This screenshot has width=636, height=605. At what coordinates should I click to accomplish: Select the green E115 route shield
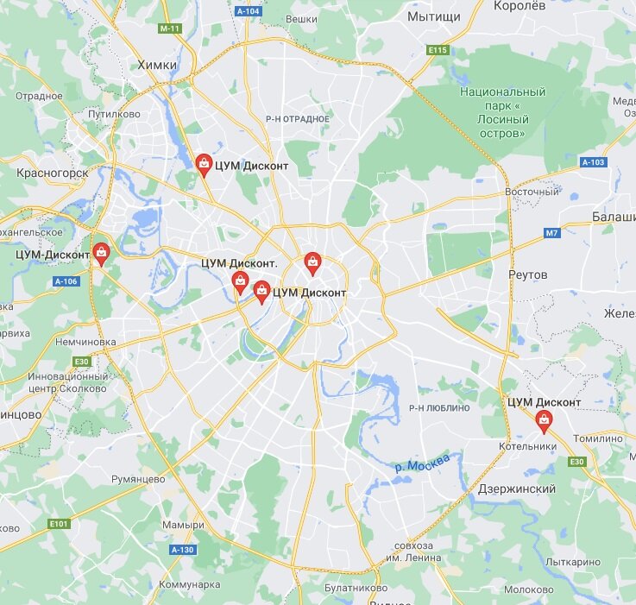coord(438,50)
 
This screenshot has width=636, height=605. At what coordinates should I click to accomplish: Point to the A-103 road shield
coord(593,162)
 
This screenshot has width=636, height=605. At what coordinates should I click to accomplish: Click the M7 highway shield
coord(552,233)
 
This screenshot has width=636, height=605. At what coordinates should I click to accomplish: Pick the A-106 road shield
coord(66,281)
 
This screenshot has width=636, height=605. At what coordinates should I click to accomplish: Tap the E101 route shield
coord(59,523)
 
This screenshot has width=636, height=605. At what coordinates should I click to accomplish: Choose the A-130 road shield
coord(182,550)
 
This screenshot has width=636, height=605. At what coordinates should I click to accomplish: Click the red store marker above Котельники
coord(544,420)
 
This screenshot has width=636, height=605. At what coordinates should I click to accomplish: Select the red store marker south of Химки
coord(204,163)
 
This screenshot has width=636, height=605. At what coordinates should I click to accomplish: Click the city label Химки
coord(157,65)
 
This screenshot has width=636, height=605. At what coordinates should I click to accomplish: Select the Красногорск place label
coord(53,173)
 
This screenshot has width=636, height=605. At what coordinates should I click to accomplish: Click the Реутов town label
coord(528,274)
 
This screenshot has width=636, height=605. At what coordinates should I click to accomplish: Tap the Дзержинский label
coord(517,489)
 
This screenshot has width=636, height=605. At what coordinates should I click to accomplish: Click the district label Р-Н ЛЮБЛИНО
coord(439,407)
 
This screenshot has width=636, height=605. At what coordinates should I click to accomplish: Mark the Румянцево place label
coord(138,479)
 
